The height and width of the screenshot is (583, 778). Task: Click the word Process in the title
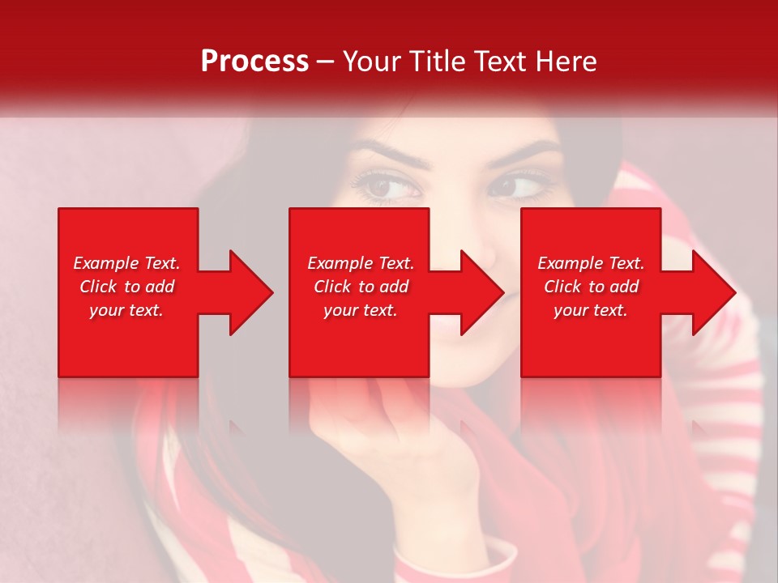254,62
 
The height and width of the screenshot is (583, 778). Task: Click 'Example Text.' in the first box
126,263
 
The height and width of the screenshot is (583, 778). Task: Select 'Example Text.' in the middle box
360,263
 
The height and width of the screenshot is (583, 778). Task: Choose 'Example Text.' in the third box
591,263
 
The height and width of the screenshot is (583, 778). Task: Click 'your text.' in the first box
126,310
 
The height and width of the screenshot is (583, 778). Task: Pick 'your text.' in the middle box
360,310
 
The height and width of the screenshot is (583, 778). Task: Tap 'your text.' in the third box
591,310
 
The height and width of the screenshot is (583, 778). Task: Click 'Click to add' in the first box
126,287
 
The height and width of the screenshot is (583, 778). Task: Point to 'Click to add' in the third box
591,287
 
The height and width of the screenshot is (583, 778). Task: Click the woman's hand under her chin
381,437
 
